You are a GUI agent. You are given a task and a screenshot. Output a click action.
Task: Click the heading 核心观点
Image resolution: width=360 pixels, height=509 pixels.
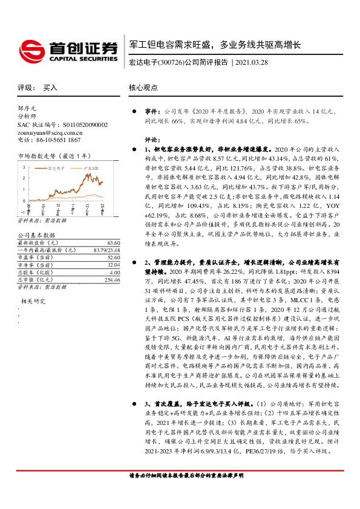(x=143, y=87)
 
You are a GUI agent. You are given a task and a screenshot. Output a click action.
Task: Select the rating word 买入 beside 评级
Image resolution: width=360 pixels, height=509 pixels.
(x=51, y=87)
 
